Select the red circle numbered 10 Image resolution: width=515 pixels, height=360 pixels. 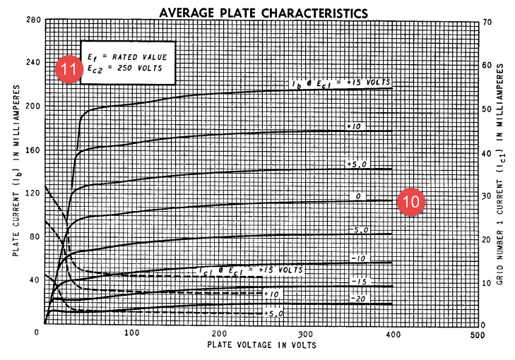coord(410,201)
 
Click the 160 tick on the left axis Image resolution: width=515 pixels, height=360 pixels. coord(32,150)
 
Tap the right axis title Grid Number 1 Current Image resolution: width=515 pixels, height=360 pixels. coord(500,173)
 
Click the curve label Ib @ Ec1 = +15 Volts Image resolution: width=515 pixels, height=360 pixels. coord(342,84)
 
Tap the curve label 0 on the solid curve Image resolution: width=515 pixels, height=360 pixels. coord(358,196)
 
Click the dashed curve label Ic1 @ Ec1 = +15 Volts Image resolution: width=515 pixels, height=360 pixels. coord(249,270)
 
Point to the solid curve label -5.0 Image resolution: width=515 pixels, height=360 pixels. coord(358,231)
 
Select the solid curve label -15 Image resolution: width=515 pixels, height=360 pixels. coord(358,282)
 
